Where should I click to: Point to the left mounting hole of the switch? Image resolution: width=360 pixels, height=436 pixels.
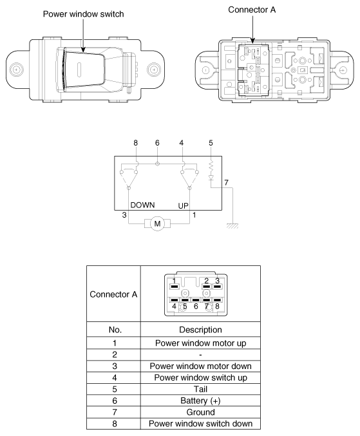click(x=16, y=69)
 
